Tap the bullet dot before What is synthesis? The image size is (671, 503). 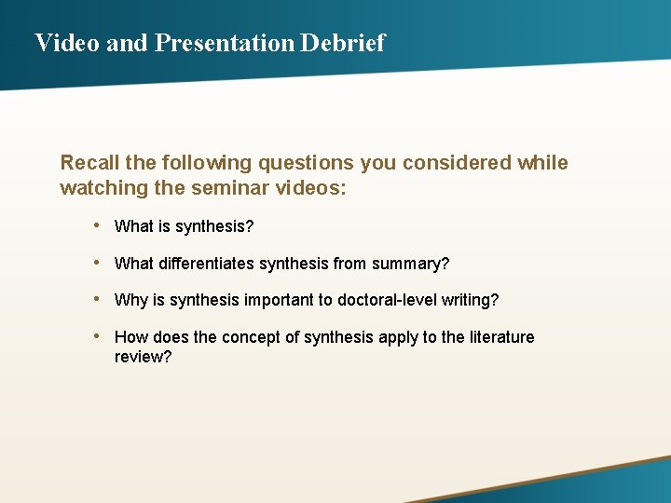coord(97,226)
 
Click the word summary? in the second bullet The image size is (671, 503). coord(410,264)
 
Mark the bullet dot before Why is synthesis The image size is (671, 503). coord(97,300)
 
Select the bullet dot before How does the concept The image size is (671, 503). coord(97,336)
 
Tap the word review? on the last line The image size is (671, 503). coord(143,358)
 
